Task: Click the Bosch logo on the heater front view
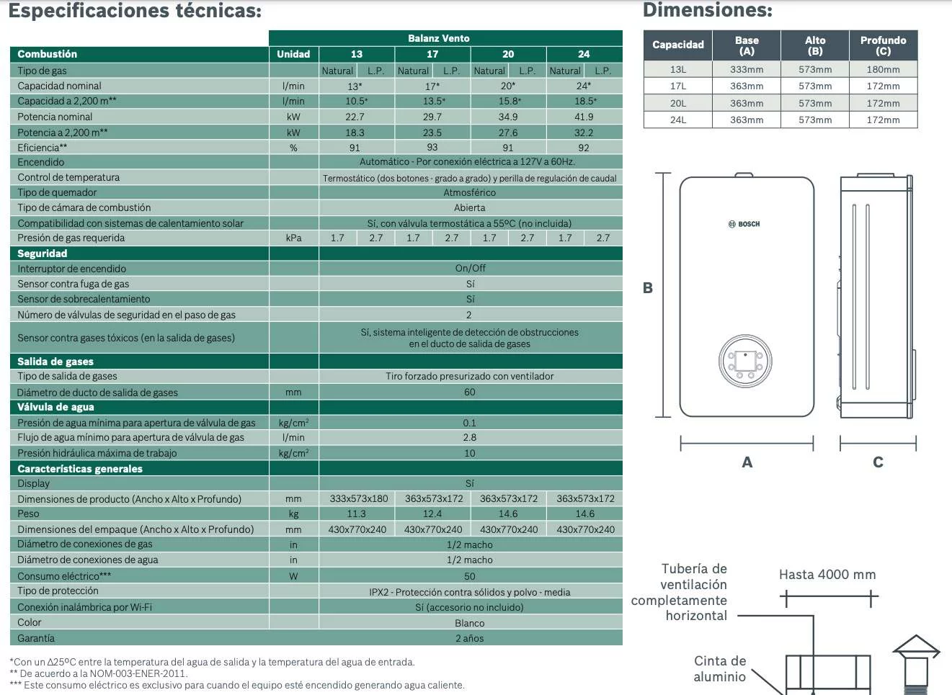click(744, 224)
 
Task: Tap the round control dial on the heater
click(745, 361)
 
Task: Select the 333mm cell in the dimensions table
click(746, 70)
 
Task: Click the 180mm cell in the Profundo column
click(883, 70)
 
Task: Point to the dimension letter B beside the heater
click(647, 288)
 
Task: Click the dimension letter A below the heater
click(747, 462)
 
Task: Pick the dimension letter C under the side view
click(878, 462)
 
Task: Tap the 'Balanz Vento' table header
click(438, 38)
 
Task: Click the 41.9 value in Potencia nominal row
click(584, 117)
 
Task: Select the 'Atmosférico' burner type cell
click(469, 192)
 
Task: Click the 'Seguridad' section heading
click(42, 254)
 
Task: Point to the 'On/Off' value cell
click(470, 268)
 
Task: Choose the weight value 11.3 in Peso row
click(356, 514)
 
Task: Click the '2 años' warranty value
click(469, 638)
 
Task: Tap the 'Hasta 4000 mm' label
click(827, 575)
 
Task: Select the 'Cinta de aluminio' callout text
click(719, 668)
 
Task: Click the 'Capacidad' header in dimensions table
click(677, 45)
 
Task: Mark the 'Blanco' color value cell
click(469, 623)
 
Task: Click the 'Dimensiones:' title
click(707, 10)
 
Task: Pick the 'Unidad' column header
click(293, 54)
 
